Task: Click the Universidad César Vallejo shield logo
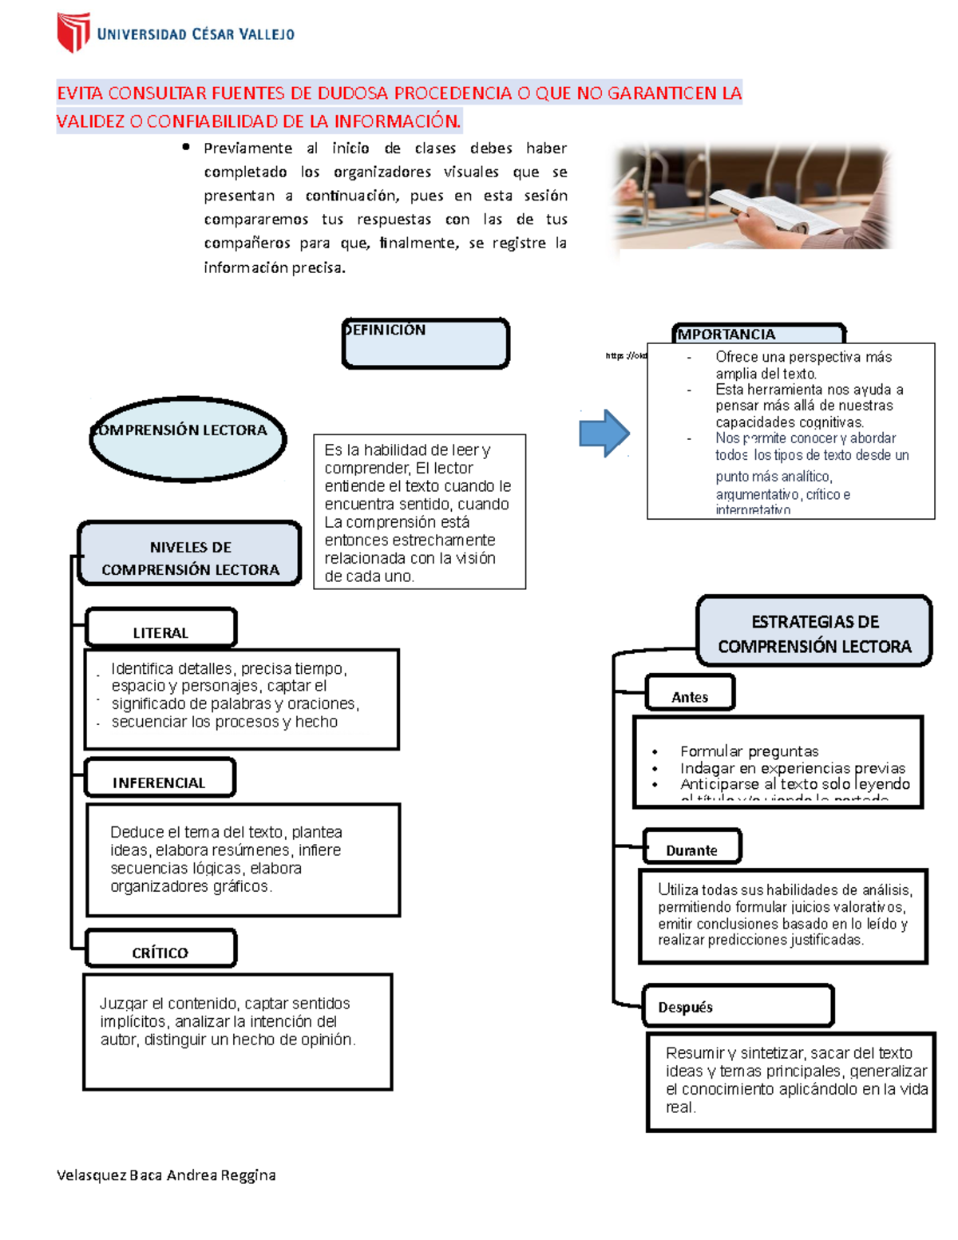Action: click(73, 32)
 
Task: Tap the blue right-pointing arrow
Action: click(604, 433)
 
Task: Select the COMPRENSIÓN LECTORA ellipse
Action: click(188, 439)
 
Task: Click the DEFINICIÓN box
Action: click(426, 344)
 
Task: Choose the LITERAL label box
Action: click(160, 628)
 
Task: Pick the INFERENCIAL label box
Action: click(160, 778)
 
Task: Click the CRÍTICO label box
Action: click(160, 949)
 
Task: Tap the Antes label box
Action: click(690, 693)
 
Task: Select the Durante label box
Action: click(691, 847)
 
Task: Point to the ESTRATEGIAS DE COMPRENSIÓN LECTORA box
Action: click(814, 632)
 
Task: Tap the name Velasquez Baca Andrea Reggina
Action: click(166, 1175)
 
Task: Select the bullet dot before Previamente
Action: click(186, 147)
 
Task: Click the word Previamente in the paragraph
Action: click(247, 148)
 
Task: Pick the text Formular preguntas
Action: click(749, 751)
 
